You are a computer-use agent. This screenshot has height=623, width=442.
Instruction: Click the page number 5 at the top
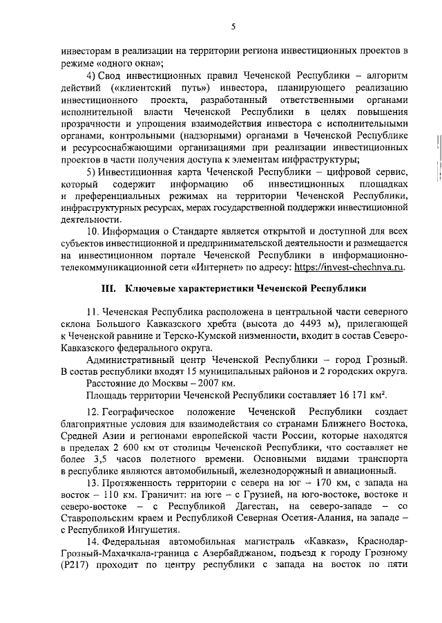(233, 26)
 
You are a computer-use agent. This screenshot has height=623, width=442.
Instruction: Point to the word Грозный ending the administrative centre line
(386, 360)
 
